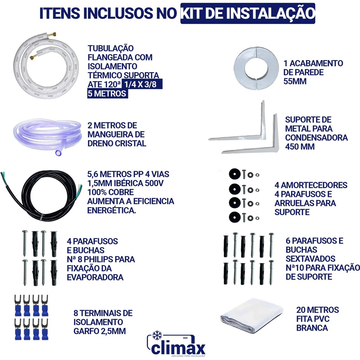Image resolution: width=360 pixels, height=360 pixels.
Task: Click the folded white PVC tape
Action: (x=252, y=316)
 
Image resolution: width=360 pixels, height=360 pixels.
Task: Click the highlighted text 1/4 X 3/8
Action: (x=141, y=84)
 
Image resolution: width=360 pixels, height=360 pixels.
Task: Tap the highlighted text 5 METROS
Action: (x=107, y=94)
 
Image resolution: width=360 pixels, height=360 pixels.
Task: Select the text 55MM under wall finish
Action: (x=295, y=81)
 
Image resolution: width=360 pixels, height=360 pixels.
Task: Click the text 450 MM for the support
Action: (x=300, y=147)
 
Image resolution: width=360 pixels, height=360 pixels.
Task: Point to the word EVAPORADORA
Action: (x=95, y=277)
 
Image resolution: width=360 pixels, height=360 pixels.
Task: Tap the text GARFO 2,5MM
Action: (x=99, y=331)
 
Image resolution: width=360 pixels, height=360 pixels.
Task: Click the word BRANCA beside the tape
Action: (x=312, y=328)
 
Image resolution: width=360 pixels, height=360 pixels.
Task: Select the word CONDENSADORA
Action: (x=316, y=137)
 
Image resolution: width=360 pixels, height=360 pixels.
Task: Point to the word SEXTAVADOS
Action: (x=310, y=259)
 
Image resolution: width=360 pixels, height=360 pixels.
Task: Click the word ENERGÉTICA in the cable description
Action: (x=111, y=210)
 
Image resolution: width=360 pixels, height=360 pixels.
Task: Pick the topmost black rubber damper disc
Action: (x=234, y=174)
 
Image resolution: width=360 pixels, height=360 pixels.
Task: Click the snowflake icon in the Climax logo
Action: (x=157, y=335)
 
